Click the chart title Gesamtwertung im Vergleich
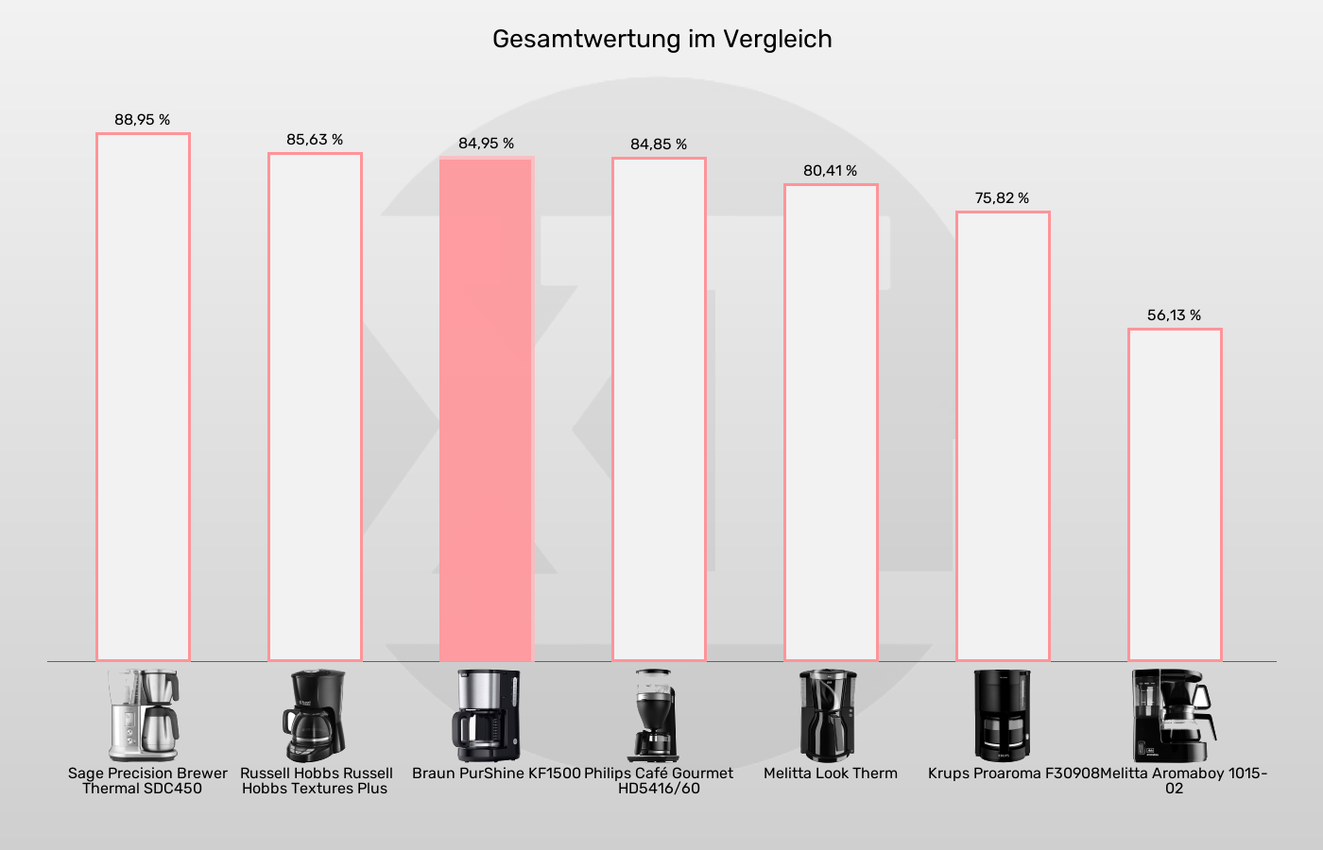point(661,39)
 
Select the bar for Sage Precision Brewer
point(143,397)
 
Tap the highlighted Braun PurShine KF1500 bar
point(487,409)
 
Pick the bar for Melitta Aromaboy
point(1175,495)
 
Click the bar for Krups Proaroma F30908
point(1003,436)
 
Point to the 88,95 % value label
point(143,120)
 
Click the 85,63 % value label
point(315,140)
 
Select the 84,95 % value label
point(487,144)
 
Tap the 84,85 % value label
point(659,144)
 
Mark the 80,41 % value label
point(831,171)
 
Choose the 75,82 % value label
point(1003,198)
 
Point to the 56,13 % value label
point(1175,315)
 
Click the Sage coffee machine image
point(143,715)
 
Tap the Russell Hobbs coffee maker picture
point(315,715)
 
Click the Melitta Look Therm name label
point(831,773)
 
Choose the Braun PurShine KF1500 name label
point(496,773)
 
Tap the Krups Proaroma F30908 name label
point(1013,773)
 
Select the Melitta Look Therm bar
point(831,422)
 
